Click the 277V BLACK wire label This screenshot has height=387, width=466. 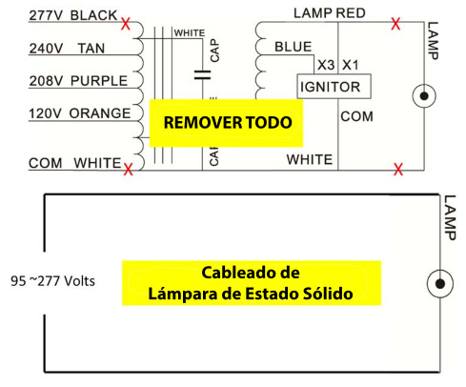(73, 15)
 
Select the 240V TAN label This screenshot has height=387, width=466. (67, 49)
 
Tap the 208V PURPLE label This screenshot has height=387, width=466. (78, 81)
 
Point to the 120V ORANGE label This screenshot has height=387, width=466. (79, 113)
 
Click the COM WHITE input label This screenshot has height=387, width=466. (74, 163)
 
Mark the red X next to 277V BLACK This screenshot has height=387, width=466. (126, 24)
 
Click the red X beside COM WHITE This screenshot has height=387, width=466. (128, 170)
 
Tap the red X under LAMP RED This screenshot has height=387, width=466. (395, 24)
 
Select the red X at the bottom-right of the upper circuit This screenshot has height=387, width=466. (398, 169)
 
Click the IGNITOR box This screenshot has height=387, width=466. (334, 87)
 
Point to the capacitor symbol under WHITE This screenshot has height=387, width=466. (202, 75)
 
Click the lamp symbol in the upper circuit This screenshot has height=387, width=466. (424, 96)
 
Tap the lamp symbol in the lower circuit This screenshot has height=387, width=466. (440, 283)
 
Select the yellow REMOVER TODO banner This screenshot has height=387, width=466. (226, 123)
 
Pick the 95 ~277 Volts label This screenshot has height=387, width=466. (52, 281)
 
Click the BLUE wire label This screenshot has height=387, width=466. (294, 47)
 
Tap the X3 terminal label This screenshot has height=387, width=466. (326, 65)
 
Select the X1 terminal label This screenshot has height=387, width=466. (351, 65)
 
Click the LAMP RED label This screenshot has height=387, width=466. (330, 13)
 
